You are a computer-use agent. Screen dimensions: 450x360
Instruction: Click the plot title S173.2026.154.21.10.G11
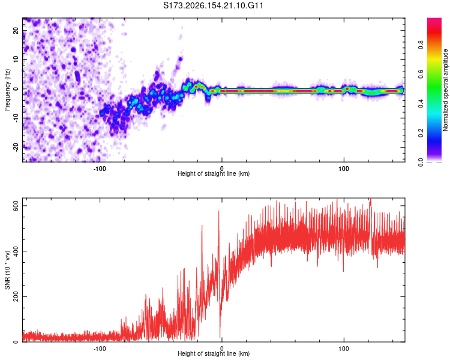[213, 5]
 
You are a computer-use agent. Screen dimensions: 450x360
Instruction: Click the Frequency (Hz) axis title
[7, 90]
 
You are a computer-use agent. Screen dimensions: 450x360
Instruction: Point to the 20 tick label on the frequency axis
[16, 30]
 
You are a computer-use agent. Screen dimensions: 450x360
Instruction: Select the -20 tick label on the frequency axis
[16, 148]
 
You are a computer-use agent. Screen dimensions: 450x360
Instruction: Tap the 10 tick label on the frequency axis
[16, 59]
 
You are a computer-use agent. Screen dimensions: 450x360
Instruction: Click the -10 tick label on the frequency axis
[16, 118]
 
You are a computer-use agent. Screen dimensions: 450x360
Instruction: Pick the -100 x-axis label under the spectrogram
[100, 169]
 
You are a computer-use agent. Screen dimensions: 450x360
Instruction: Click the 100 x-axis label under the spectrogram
[344, 169]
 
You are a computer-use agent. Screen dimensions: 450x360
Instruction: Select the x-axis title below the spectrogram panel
[214, 173]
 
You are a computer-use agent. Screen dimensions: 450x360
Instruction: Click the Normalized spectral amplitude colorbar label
[445, 90]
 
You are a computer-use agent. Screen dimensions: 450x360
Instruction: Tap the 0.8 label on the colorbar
[421, 45]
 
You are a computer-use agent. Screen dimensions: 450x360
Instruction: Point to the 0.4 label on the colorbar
[421, 103]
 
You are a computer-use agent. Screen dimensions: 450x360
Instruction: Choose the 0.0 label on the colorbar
[421, 162]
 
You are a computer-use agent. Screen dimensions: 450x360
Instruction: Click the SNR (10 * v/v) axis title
[7, 270]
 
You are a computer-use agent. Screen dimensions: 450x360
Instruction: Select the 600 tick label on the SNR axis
[16, 206]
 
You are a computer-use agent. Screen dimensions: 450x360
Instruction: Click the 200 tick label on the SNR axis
[16, 296]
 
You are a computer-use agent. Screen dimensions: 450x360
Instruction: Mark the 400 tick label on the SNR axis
[16, 251]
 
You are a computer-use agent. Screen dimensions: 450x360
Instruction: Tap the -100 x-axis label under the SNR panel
[100, 349]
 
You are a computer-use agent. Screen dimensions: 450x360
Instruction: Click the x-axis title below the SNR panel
[214, 353]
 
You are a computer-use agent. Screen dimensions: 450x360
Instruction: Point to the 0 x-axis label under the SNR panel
[221, 349]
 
